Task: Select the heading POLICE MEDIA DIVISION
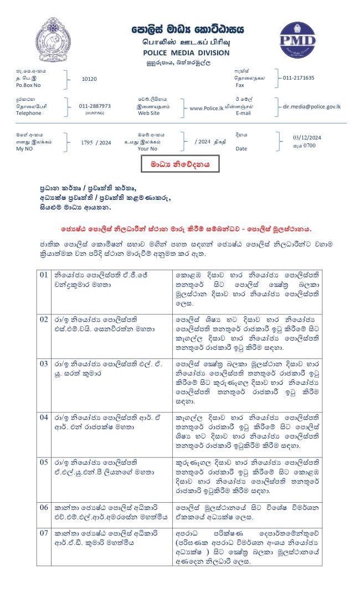tap(186, 53)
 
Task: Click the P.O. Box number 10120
tap(89, 79)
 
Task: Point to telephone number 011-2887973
tap(95, 106)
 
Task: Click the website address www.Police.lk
tap(206, 109)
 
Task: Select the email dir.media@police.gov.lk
tap(312, 106)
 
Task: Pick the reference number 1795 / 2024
tap(96, 143)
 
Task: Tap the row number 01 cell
tap(44, 275)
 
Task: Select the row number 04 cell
tap(44, 414)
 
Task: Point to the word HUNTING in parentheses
tap(94, 113)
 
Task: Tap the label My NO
tap(24, 149)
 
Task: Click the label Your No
tap(147, 149)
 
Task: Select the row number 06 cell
tap(44, 507)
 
